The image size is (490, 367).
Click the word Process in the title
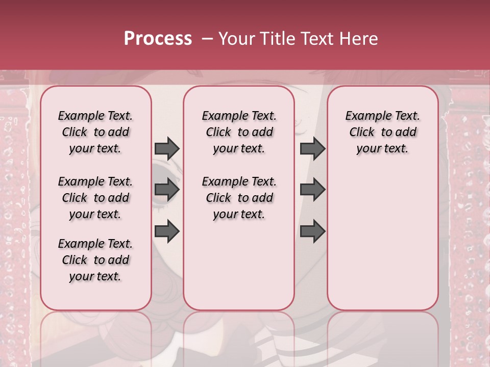pos(158,39)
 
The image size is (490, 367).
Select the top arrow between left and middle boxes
pos(167,148)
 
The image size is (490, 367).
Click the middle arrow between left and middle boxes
pos(167,190)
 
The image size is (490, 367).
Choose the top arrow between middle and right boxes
pos(312,148)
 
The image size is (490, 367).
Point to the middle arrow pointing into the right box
pos(312,190)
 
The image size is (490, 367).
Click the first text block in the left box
pos(95,132)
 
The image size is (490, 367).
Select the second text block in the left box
pos(95,198)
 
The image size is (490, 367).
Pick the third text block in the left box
pos(95,260)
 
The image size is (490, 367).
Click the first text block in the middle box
pos(239,132)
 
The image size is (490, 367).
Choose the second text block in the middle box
pos(239,198)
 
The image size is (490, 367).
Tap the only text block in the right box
pos(383,132)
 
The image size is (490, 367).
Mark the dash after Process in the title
pos(207,39)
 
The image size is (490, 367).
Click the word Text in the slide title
pos(315,39)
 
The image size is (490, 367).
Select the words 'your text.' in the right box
pos(383,148)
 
